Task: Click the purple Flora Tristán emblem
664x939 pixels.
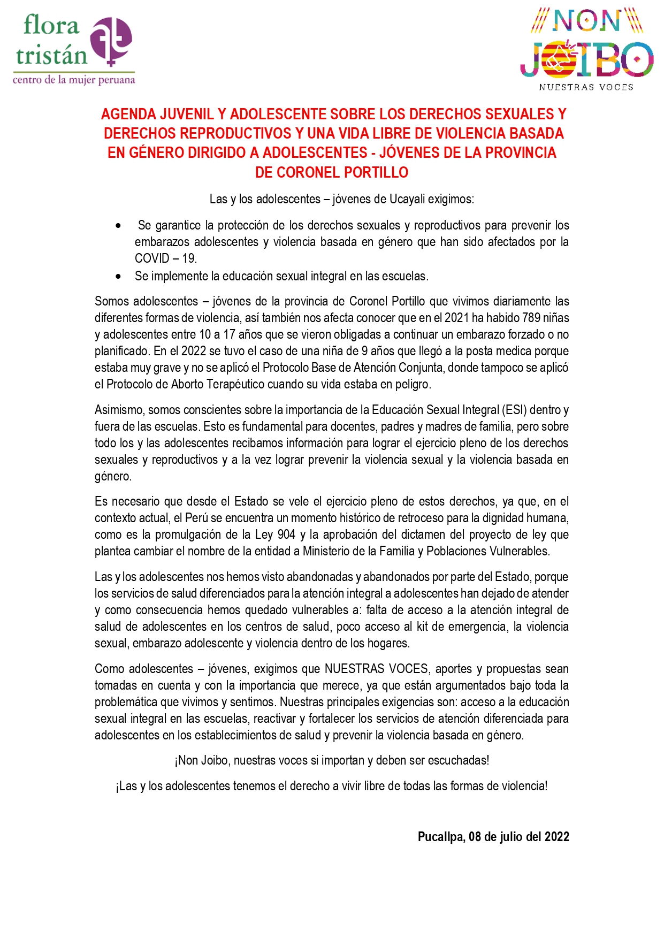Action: tap(111, 41)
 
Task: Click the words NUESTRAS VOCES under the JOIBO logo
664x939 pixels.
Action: tap(586, 87)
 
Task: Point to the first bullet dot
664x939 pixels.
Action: tap(118, 226)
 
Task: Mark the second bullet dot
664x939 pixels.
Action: tap(118, 277)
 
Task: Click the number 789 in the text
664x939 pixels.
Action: tap(531, 318)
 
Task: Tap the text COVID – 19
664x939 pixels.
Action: tap(166, 258)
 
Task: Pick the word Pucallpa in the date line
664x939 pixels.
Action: tap(441, 837)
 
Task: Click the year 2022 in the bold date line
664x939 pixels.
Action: tap(556, 837)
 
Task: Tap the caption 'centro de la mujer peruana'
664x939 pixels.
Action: tap(74, 80)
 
